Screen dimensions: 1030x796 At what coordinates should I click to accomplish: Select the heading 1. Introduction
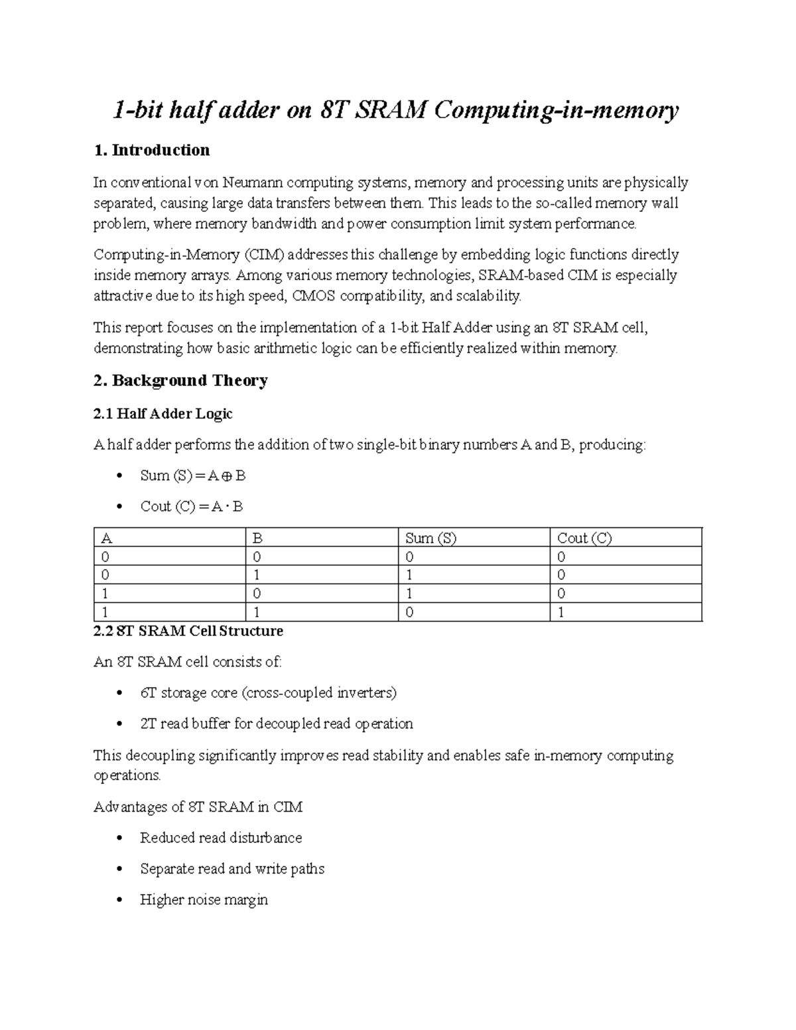point(152,151)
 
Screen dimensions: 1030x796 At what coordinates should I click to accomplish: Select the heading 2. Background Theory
point(180,381)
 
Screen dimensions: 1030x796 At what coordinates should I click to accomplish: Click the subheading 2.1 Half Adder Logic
point(163,414)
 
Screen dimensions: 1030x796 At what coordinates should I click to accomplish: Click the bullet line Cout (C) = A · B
point(191,507)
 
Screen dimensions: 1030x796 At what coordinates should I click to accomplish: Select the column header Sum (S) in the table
point(431,538)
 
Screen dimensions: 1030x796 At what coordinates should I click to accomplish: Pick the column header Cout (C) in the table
point(584,538)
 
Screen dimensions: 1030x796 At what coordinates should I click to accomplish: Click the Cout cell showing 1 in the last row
point(561,612)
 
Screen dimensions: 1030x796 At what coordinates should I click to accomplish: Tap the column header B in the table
point(257,538)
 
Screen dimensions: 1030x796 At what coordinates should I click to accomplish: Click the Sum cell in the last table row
point(409,612)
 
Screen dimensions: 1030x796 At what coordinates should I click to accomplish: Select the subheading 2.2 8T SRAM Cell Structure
point(188,631)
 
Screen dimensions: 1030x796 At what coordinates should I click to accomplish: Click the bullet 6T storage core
point(268,693)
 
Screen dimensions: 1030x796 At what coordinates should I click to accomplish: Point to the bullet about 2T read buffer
point(276,724)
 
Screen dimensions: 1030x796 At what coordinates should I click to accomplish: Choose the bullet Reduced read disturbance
point(221,838)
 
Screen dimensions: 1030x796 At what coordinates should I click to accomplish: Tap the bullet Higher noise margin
point(204,900)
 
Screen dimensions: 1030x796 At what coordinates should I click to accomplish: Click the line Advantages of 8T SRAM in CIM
point(198,807)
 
